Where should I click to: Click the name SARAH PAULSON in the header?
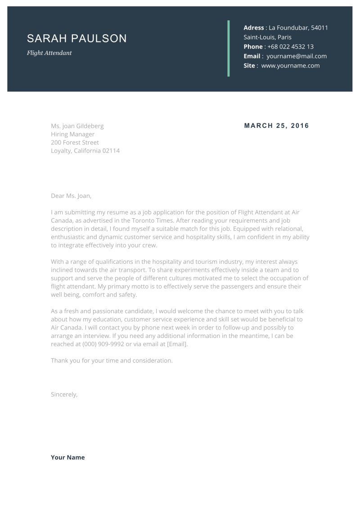76,39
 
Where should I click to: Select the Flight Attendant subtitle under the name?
49,53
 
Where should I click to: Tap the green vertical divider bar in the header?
229,48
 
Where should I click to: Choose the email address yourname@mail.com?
297,56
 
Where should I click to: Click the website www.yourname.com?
290,66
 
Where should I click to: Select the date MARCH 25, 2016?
276,126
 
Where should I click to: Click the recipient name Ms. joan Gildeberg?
77,126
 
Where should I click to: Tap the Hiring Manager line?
72,135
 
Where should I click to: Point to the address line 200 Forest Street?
75,143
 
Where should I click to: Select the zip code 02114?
111,151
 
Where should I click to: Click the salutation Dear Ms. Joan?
71,196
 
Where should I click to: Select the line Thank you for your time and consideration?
112,360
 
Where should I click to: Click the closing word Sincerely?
64,394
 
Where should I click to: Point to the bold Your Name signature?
67,457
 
